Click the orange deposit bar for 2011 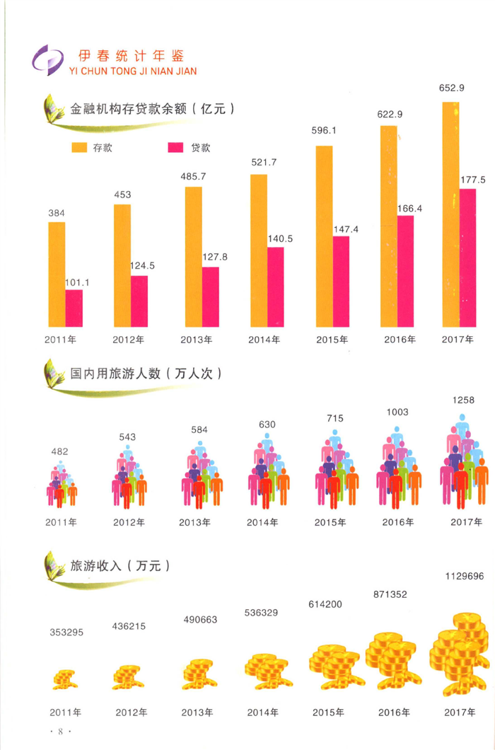57,275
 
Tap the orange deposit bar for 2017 450,215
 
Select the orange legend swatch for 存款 78,148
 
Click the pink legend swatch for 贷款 175,148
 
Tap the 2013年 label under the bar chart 196,340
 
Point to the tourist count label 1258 462,400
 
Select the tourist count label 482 61,451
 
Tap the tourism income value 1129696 465,577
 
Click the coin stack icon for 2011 64,680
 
